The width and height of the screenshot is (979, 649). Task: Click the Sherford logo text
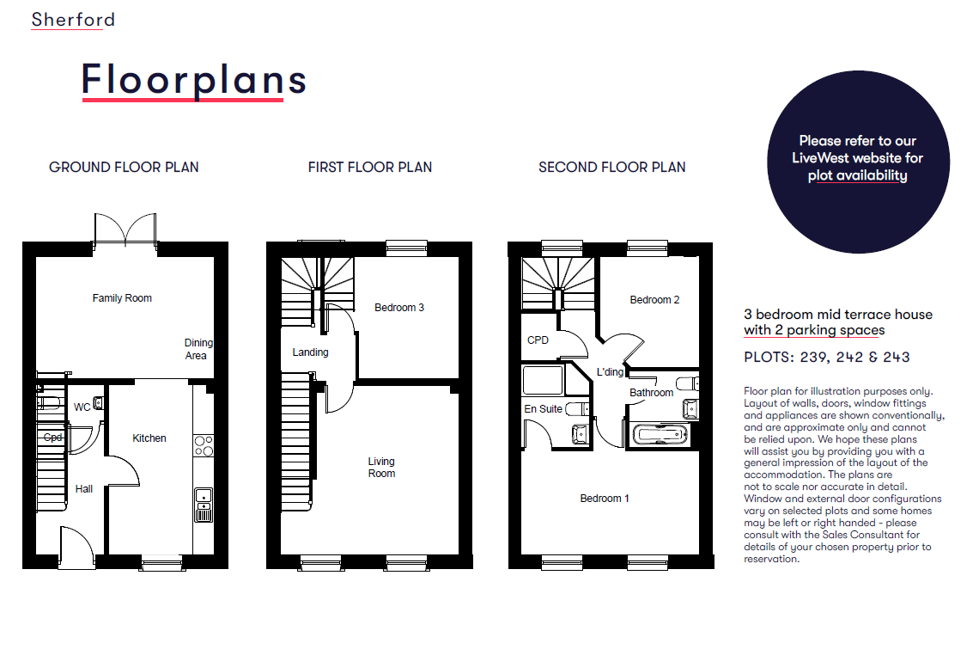(x=73, y=20)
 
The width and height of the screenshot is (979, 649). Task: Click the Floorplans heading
(x=193, y=80)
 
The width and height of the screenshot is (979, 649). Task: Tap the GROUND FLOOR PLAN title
(x=124, y=167)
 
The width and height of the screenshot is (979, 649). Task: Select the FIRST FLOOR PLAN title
(x=369, y=167)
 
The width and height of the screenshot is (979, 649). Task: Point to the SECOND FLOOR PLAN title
(x=611, y=167)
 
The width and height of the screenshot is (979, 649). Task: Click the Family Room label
(x=122, y=298)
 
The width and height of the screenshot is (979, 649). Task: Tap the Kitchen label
(x=149, y=438)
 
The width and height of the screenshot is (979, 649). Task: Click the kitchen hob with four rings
(x=204, y=445)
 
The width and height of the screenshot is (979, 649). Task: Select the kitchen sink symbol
(x=204, y=505)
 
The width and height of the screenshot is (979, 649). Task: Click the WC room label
(x=82, y=407)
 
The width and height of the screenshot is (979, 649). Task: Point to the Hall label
(x=83, y=489)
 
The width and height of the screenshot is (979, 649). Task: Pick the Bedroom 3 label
(x=399, y=308)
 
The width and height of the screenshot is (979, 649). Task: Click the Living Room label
(x=380, y=467)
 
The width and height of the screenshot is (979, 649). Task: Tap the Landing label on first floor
(x=310, y=352)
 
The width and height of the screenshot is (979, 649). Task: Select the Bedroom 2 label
(x=654, y=300)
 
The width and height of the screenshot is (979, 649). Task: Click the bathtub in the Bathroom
(x=660, y=434)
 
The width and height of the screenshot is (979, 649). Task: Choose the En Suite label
(x=543, y=409)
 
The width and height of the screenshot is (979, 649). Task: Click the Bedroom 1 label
(x=605, y=499)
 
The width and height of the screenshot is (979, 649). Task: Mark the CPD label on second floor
(x=538, y=340)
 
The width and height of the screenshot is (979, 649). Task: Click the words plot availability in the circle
(x=857, y=175)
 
